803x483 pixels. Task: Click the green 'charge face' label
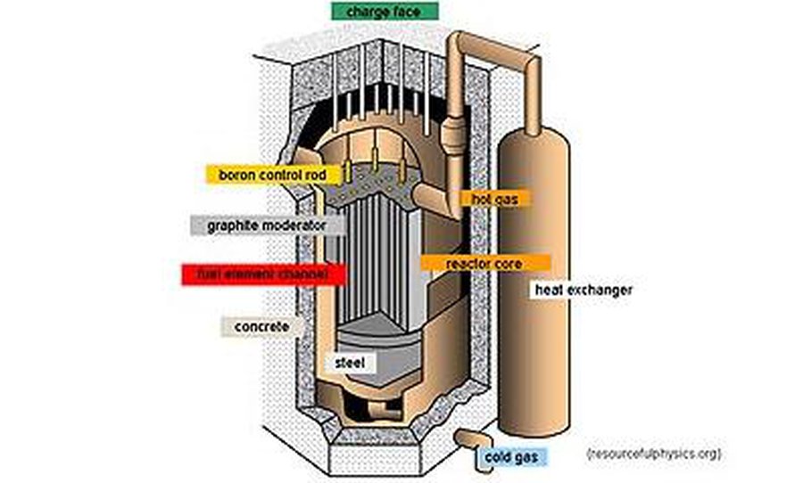[x=387, y=12]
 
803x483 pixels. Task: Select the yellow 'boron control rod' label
[x=267, y=175]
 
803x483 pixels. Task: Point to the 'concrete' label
[x=261, y=327]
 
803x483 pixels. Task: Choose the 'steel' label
[x=348, y=363]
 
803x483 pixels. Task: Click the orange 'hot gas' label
[x=496, y=198]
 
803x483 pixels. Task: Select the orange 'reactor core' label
[x=484, y=264]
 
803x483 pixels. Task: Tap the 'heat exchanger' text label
[x=584, y=291]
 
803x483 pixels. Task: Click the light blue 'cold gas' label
[x=509, y=457]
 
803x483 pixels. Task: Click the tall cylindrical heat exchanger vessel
[x=534, y=294]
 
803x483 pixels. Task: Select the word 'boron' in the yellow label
[x=236, y=175]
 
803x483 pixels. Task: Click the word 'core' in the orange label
[x=509, y=264]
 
